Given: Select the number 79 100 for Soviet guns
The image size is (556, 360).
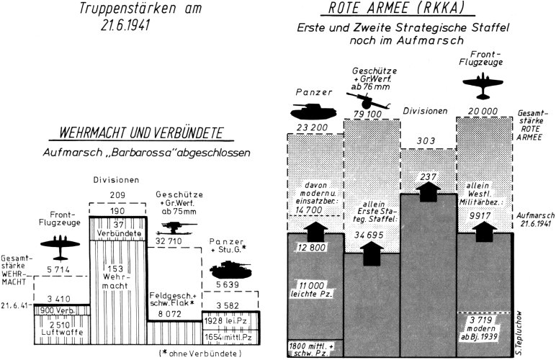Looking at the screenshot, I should (370, 114).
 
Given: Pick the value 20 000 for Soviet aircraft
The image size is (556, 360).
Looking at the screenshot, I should (483, 111).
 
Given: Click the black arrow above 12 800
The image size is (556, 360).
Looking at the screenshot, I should (313, 233).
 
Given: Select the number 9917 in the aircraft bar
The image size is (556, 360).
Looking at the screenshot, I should (483, 214).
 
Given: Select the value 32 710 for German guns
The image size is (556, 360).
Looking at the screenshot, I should (172, 240).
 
